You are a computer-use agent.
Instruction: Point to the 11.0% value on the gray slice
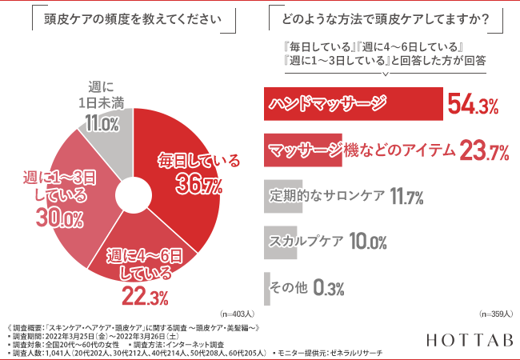102,123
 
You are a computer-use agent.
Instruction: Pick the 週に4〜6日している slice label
146,266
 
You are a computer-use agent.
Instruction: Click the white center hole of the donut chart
132,195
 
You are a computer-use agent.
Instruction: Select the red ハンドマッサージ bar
352,104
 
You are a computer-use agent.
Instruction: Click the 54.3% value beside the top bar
474,105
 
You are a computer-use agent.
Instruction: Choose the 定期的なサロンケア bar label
325,195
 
